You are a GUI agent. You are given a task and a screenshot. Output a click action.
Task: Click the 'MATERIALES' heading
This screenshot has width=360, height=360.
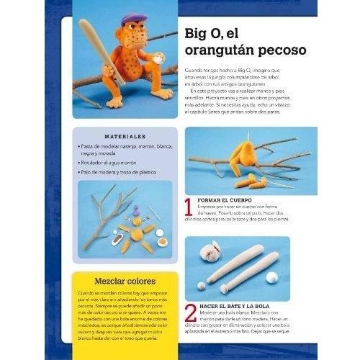124,135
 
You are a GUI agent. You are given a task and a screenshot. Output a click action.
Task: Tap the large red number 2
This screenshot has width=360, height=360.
190,313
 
